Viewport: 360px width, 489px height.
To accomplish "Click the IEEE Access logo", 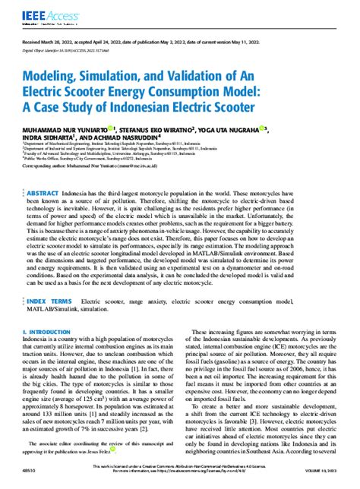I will (x=44, y=12).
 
